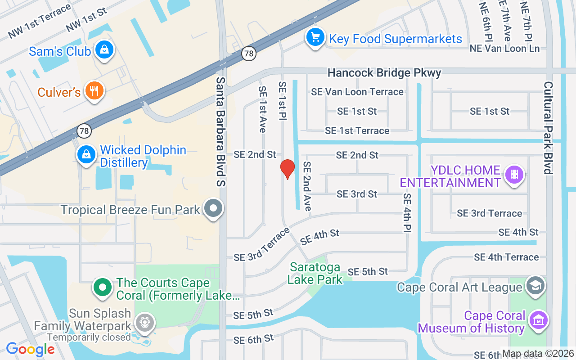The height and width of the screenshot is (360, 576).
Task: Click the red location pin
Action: coord(287,169)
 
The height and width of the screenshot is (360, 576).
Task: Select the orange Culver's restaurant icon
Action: coord(94,91)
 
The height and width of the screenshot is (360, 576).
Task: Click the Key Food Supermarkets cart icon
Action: coord(315,37)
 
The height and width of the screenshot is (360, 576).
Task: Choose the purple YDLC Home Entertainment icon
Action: coord(514,174)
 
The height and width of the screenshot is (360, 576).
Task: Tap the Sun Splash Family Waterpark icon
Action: coord(145,322)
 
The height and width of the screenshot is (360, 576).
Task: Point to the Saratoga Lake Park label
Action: coord(315,273)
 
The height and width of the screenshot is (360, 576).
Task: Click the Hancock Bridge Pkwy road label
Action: coord(384,72)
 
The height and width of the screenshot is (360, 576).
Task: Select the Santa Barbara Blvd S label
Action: coord(220,131)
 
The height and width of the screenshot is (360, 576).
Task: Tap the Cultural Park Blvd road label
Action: coord(548,127)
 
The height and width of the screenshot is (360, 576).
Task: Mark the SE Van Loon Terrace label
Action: coord(357,92)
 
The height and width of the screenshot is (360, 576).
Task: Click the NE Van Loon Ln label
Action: coord(504,48)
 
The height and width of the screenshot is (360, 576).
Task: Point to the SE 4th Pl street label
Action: coord(407,213)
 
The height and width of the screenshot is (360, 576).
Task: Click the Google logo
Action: coord(30,349)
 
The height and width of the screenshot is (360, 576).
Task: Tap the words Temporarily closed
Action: coord(89,337)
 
